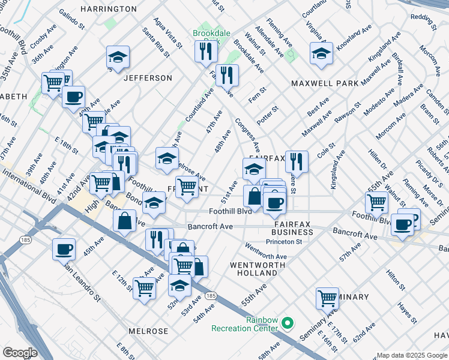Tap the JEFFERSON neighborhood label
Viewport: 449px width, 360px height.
[x=148, y=78]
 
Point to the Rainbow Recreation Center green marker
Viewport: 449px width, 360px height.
[x=288, y=324]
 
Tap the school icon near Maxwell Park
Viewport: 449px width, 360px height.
[x=322, y=53]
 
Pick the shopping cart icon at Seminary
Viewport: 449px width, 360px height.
[x=328, y=297]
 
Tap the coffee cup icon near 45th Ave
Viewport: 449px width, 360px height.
[x=64, y=248]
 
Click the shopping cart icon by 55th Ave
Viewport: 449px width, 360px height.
[x=377, y=203]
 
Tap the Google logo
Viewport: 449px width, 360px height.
[x=20, y=352]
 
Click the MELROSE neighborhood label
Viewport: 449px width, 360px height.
[x=148, y=331]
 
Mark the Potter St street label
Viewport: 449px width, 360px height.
[x=267, y=113]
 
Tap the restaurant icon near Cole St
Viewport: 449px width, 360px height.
[x=297, y=161]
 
